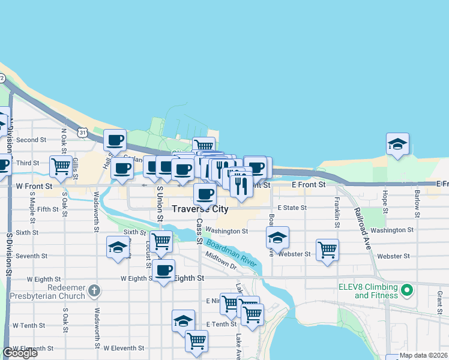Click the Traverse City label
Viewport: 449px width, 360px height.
200,209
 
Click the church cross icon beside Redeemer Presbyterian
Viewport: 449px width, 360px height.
94,291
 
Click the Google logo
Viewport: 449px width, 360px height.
20,353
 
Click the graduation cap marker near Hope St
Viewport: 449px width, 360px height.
397,143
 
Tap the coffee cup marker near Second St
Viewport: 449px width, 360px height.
115,140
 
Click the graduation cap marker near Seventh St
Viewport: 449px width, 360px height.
118,247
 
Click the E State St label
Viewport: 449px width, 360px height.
292,208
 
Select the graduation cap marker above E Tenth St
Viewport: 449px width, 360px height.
184,320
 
